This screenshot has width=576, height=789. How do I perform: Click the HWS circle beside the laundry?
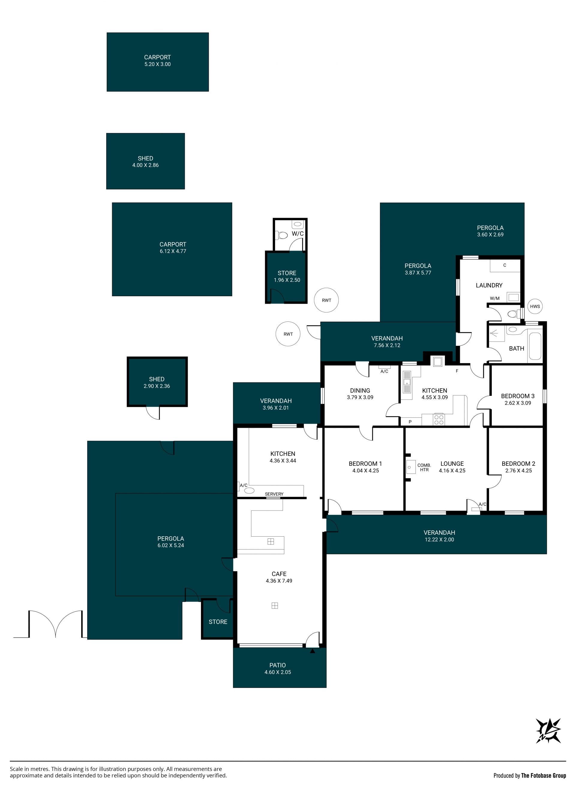click(535, 306)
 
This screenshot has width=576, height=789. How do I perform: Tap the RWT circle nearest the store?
click(326, 300)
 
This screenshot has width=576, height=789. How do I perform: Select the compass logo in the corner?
click(548, 731)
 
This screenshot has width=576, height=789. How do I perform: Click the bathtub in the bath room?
click(535, 346)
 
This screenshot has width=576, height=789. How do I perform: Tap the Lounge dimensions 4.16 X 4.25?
click(452, 471)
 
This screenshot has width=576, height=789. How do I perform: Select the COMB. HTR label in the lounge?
click(424, 467)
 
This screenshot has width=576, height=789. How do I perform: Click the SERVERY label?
click(274, 494)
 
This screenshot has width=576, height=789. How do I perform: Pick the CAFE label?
click(279, 574)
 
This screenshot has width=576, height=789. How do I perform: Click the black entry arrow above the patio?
click(312, 651)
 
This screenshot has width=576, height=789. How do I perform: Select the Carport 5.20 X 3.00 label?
click(157, 60)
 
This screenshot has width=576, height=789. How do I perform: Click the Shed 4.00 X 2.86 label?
click(145, 161)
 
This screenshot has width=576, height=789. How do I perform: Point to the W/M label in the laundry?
click(494, 298)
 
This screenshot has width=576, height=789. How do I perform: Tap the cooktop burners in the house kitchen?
click(439, 420)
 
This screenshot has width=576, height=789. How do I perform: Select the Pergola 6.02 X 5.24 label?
click(170, 542)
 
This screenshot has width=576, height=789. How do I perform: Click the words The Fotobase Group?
click(543, 775)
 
